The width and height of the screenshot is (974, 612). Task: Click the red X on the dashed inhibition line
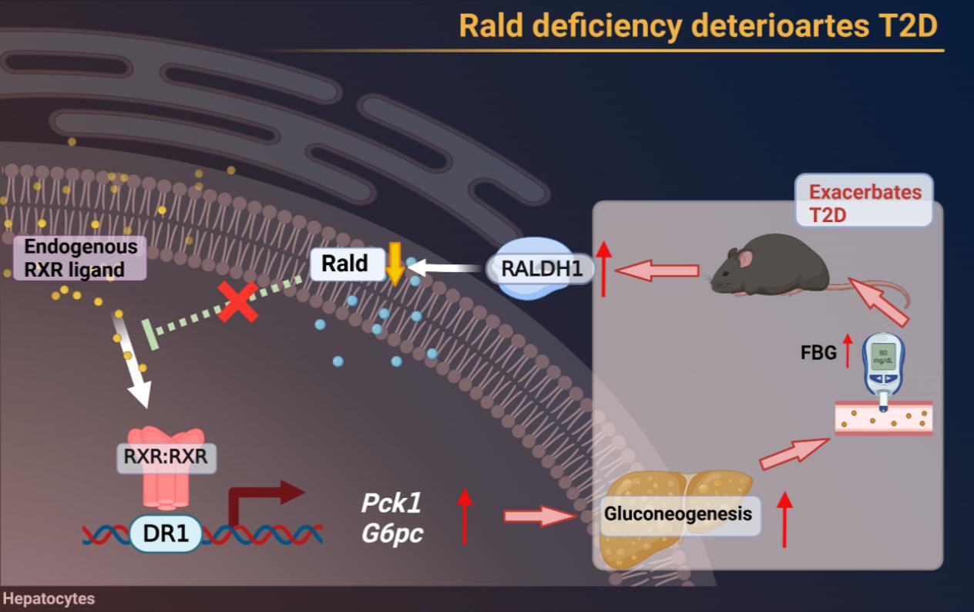pyautogui.click(x=237, y=301)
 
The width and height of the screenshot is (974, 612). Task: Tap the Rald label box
pyautogui.click(x=344, y=264)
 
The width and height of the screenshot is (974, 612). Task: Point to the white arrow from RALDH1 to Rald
pyautogui.click(x=446, y=268)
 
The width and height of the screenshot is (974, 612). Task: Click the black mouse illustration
pyautogui.click(x=771, y=266)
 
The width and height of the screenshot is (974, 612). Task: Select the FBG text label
pyautogui.click(x=818, y=353)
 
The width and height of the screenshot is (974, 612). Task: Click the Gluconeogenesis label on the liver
pyautogui.click(x=678, y=513)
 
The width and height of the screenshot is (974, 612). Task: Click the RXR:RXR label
pyautogui.click(x=166, y=457)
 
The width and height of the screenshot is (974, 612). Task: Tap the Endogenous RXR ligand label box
pyautogui.click(x=80, y=258)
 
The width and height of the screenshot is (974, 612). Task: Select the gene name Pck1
pyautogui.click(x=391, y=503)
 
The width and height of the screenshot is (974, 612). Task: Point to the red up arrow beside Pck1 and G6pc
pyautogui.click(x=464, y=516)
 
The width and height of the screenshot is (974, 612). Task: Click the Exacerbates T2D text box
pyautogui.click(x=865, y=203)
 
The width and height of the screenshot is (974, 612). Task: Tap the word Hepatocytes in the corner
pyautogui.click(x=49, y=599)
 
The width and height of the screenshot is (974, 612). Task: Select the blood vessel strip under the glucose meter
pyautogui.click(x=883, y=418)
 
